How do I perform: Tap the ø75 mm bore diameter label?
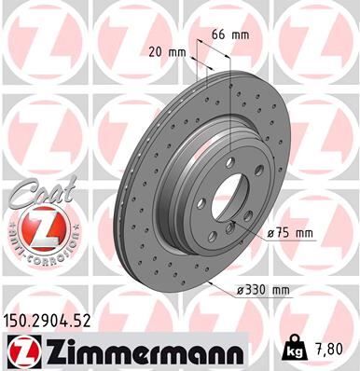point(288,233)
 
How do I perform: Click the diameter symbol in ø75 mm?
point(271,233)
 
